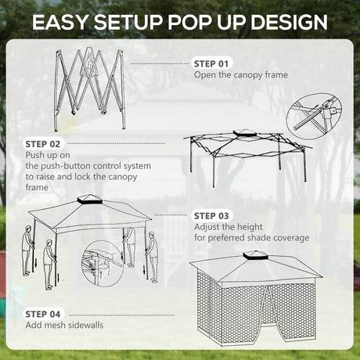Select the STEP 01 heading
(213, 63)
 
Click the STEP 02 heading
(43, 144)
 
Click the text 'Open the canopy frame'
(241, 75)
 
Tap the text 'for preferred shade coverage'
(251, 238)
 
